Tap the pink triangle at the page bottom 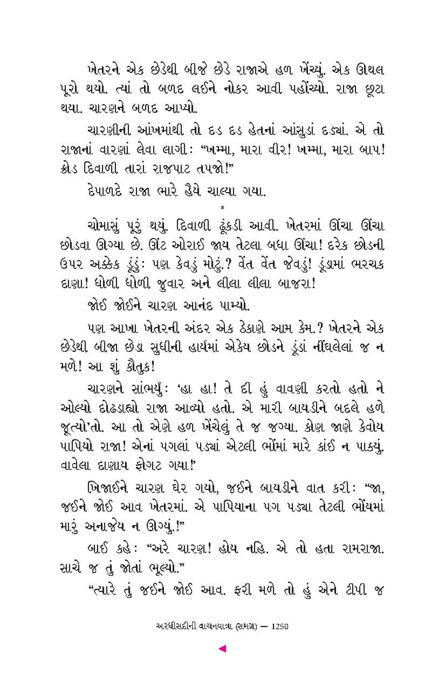[222, 648]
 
